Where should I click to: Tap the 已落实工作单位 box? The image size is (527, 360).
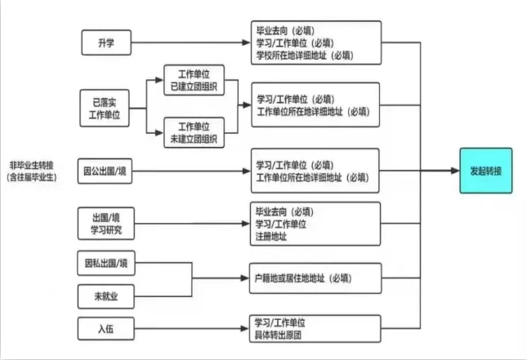104,109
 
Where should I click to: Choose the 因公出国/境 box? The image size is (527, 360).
105,171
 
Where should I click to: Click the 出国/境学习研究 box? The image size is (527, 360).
105,224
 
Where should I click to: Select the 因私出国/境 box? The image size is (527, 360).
105,264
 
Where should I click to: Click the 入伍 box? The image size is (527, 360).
105,329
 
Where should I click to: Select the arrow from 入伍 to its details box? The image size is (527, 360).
188,329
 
